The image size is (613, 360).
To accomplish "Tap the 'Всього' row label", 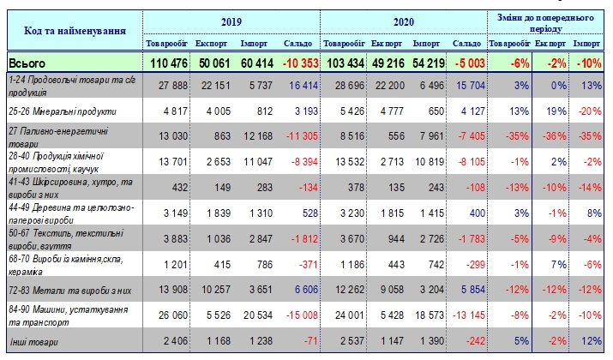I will [x=27, y=63].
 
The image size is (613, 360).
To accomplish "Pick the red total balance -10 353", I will [x=297, y=63].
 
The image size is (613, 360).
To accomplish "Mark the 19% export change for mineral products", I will [x=552, y=111].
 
